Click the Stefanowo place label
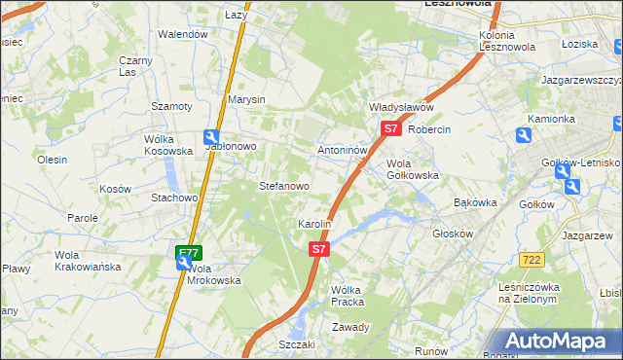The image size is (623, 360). (x=283, y=185)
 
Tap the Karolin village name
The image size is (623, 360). (x=314, y=224)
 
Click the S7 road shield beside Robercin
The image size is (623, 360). (x=390, y=127)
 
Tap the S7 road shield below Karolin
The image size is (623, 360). (x=319, y=249)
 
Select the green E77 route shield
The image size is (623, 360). (x=188, y=253)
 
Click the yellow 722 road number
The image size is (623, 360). (x=531, y=259)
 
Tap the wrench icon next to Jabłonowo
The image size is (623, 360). (x=211, y=138)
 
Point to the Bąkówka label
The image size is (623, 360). (x=476, y=202)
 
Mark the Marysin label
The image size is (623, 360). (x=246, y=99)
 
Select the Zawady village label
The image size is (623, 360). (x=350, y=327)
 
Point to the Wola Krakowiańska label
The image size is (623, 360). (x=87, y=260)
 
